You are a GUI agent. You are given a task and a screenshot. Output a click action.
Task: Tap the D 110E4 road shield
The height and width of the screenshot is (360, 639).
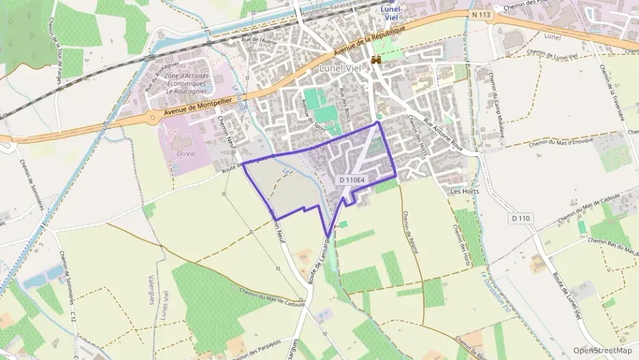[352, 180]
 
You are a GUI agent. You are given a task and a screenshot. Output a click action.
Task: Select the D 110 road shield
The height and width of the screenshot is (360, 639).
[520, 218]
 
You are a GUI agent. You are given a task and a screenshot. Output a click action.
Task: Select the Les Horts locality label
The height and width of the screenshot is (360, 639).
[464, 191]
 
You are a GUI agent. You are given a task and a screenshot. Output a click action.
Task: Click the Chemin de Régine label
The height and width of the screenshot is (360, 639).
[410, 233]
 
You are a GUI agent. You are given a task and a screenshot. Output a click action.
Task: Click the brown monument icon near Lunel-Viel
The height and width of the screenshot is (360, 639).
[375, 61]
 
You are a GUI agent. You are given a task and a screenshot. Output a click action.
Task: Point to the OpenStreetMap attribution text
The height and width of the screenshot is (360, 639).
[602, 350]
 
